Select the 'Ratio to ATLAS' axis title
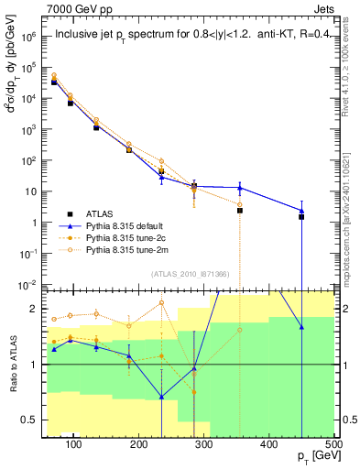pyautogui.click(x=12, y=364)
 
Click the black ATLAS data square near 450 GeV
pyautogui.click(x=301, y=217)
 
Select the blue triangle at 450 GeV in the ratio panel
pyautogui.click(x=301, y=327)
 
